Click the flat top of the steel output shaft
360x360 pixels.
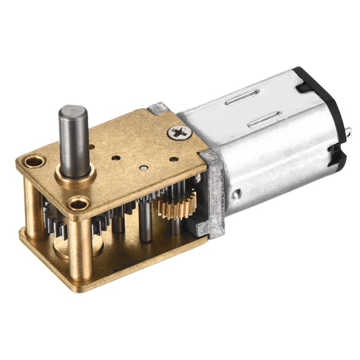[x=72, y=113]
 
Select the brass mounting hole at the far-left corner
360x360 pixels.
[x=34, y=162]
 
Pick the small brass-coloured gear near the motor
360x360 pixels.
[x=176, y=205]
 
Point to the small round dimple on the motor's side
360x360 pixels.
[x=236, y=194]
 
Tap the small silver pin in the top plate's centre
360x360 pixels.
[x=144, y=167]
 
